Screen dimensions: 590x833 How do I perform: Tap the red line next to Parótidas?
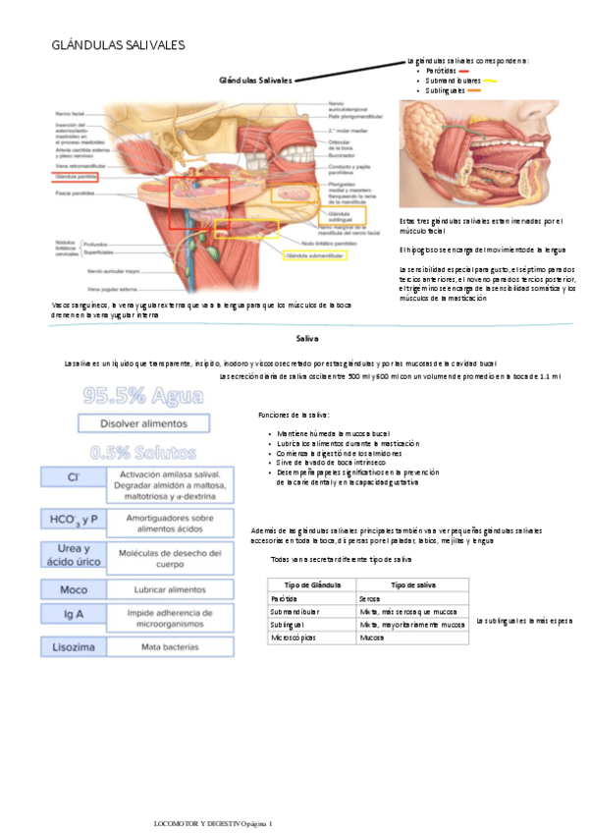(463, 72)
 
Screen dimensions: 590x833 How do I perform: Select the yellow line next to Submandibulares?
(490, 82)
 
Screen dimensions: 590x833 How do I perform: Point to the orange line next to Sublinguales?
(474, 90)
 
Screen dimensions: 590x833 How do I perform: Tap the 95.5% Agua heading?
(143, 397)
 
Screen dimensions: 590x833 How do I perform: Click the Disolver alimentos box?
(142, 423)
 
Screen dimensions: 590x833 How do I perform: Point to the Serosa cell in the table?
(370, 597)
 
